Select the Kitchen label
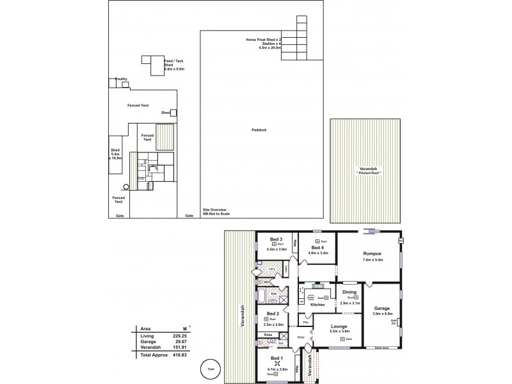[x=318, y=305]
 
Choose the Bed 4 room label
[x=317, y=248]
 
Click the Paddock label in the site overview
[x=259, y=130]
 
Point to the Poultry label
[x=121, y=79]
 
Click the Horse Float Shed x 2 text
[x=264, y=40]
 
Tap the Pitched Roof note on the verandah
[x=367, y=173]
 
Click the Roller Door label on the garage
[x=383, y=348]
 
